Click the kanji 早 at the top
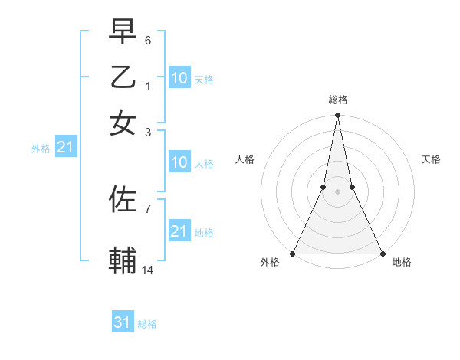pos(123,33)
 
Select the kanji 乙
pos(123,77)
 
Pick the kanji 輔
pos(123,260)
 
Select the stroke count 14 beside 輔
pos(148,270)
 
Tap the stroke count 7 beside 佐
pos(147,208)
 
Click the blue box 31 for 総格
pos(123,322)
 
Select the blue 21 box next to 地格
pos(179,231)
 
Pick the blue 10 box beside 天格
pos(179,77)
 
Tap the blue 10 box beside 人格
pos(179,162)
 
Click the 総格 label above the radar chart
pos(337,100)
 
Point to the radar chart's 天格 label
pos(432,159)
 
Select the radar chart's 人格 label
pos(245,159)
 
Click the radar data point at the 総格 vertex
pos(337,116)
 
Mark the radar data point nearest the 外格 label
pos(293,254)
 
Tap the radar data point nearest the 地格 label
pos(382,254)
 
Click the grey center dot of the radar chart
pos(337,191)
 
